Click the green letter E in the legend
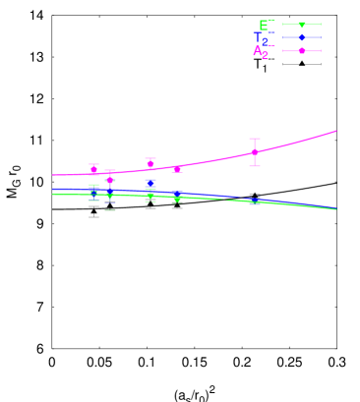click(264, 25)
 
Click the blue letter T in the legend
click(260, 38)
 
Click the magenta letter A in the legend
click(258, 50)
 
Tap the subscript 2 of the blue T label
click(266, 43)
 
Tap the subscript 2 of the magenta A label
click(265, 56)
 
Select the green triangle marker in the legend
click(302, 25)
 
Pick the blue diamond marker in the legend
click(302, 37)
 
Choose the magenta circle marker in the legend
click(302, 50)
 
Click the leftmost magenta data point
click(94, 170)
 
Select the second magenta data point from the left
click(110, 180)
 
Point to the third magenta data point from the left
click(150, 163)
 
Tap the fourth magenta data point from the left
click(177, 169)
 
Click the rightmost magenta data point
click(255, 152)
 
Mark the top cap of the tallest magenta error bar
click(255, 139)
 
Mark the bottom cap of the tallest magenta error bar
click(255, 166)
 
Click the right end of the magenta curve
click(336, 131)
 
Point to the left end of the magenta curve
click(53, 175)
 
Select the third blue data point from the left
click(150, 183)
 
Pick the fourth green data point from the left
click(177, 199)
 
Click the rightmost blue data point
click(255, 201)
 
